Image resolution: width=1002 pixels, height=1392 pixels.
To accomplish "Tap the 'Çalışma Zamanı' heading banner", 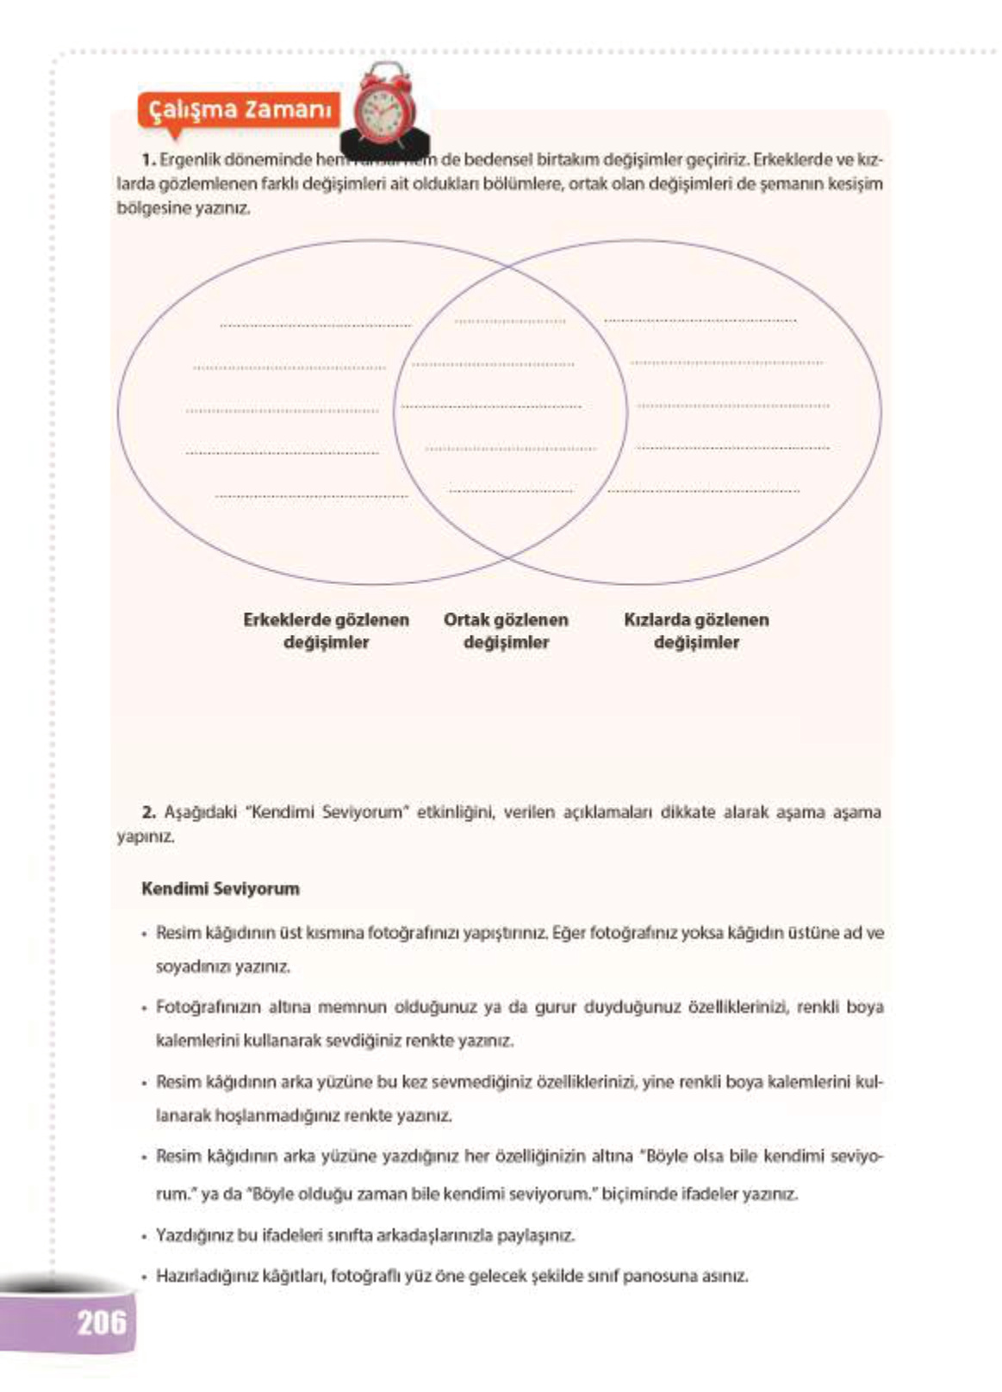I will [240, 110].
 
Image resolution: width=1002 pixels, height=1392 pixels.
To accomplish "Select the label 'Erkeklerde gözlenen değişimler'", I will [326, 631].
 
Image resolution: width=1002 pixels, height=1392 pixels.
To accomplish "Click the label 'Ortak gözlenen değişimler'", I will [506, 631].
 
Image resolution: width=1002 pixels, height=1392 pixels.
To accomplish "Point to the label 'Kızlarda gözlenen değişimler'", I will [696, 631].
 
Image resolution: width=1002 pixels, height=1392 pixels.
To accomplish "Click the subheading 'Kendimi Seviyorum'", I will [221, 889].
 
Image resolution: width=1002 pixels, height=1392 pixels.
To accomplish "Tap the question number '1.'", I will [148, 159].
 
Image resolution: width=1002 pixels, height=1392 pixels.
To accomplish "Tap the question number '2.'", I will [148, 811].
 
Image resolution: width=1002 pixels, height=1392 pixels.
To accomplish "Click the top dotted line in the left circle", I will [315, 326].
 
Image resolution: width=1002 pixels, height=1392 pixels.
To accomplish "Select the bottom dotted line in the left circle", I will [311, 496].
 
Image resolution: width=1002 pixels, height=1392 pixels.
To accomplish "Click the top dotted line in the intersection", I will [510, 321].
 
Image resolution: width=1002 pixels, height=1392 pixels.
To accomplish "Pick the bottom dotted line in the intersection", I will [511, 491].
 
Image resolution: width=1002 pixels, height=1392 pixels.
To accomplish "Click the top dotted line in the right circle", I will [700, 320].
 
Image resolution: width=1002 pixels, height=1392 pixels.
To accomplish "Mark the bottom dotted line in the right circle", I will [703, 491].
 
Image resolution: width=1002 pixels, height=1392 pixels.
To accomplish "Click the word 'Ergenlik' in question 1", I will [187, 159].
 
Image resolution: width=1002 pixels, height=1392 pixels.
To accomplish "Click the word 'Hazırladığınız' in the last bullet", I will [198, 1276].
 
